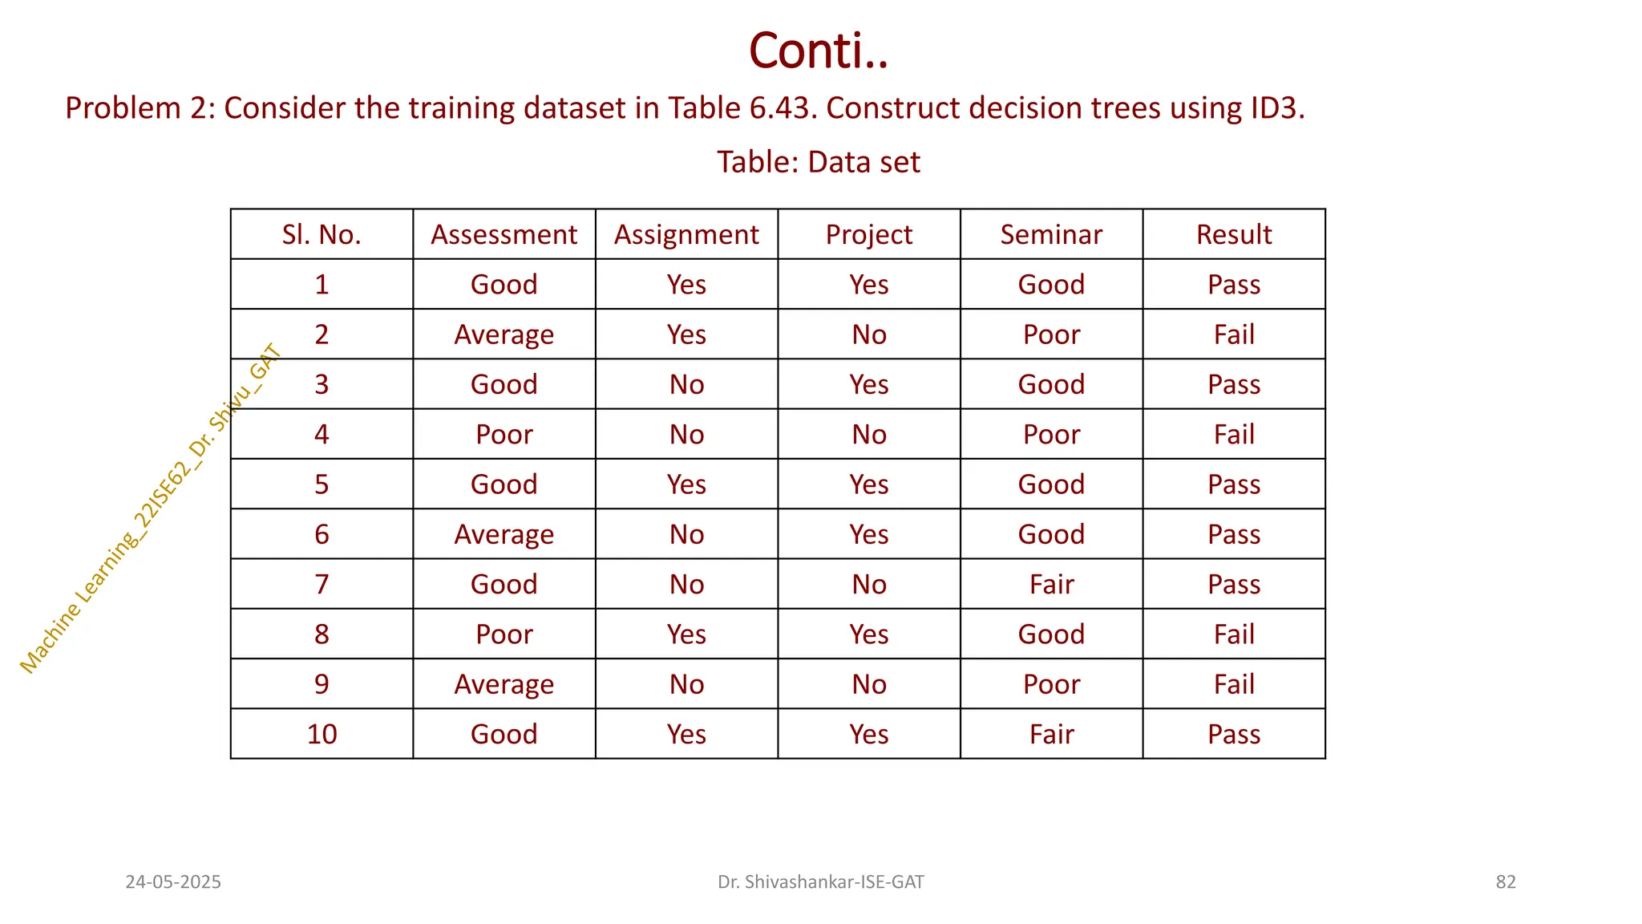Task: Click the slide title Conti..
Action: [819, 51]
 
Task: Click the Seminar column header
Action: [1051, 234]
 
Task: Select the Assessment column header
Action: [504, 234]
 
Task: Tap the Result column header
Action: [1234, 234]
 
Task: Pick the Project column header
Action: [869, 234]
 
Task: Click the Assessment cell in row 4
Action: [504, 434]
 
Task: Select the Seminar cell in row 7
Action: [1051, 584]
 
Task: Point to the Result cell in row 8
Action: [1234, 634]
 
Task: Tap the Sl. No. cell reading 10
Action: [322, 734]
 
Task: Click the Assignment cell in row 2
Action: [686, 334]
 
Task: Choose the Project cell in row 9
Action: [869, 684]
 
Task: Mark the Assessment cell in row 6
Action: [504, 534]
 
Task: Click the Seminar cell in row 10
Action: [1051, 734]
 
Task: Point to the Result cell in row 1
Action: [1234, 285]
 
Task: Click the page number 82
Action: [1506, 882]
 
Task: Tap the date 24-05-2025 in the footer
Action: [173, 882]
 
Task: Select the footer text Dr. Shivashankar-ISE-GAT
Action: [820, 882]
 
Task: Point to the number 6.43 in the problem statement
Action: [783, 108]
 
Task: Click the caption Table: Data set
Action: [818, 162]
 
